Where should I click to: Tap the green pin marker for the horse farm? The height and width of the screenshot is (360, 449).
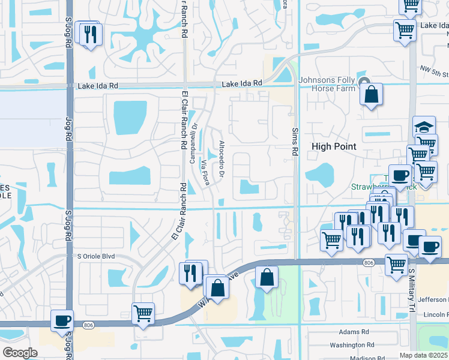click(x=363, y=82)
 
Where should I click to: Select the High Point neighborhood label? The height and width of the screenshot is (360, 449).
click(x=333, y=146)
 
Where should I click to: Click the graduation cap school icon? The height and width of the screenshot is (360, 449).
click(x=424, y=127)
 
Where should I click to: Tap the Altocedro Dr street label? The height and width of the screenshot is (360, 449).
click(x=221, y=159)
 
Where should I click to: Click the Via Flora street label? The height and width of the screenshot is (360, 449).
click(x=206, y=172)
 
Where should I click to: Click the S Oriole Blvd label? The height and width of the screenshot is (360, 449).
click(x=95, y=256)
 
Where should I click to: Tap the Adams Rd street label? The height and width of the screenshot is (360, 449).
click(x=354, y=332)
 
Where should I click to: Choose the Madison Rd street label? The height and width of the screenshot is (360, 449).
click(x=367, y=358)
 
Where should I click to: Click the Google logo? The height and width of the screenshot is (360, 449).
click(x=20, y=353)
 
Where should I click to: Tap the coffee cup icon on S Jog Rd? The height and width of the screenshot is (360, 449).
click(x=62, y=320)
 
